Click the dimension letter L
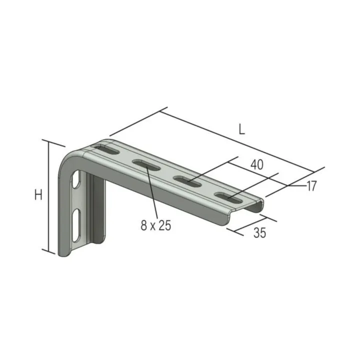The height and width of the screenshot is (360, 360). click(242, 129)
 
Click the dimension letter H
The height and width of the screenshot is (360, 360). click(38, 194)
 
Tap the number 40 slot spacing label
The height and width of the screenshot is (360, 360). click(257, 164)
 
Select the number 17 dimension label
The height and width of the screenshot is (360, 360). click(312, 186)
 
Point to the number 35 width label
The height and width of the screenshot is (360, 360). click(259, 232)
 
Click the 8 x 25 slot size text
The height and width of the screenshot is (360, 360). click(156, 225)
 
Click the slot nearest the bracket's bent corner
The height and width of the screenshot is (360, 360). click(106, 149)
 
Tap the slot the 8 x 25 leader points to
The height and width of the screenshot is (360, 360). click(146, 165)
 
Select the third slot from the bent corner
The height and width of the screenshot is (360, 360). click(187, 181)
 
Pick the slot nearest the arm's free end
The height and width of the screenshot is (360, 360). click(228, 197)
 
